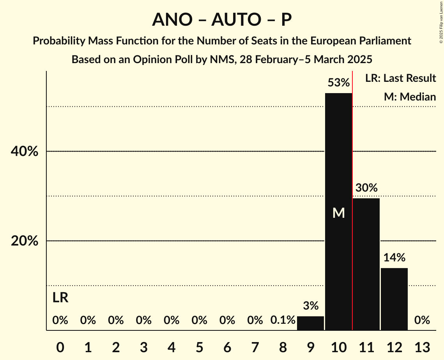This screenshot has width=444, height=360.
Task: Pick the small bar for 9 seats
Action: (311, 323)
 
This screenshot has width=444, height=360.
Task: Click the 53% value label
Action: (338, 83)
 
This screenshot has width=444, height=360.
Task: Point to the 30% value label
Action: (366, 188)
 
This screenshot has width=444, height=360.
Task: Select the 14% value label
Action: (394, 258)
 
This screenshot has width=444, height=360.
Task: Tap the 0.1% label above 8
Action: (283, 320)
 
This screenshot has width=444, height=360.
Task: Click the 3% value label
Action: (311, 306)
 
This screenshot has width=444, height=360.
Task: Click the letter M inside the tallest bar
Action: (339, 213)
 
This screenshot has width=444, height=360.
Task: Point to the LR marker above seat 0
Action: (60, 298)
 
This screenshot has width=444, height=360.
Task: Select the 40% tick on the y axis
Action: (25, 152)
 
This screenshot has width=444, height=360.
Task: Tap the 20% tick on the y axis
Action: (25, 241)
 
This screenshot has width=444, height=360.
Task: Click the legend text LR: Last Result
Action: (400, 78)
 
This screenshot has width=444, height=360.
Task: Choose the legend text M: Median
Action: (410, 97)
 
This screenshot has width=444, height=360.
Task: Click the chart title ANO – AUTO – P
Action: (222, 19)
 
